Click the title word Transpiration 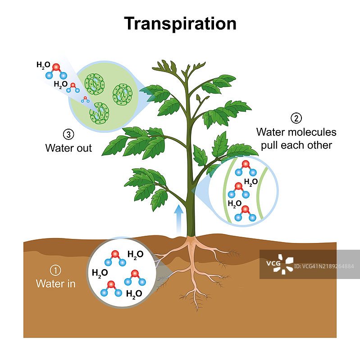tap(180, 23)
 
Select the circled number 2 tap(296, 118)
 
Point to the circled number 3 tap(68, 134)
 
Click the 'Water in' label tap(55, 284)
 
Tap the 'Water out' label tap(68, 148)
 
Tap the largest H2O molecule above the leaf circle tap(56, 70)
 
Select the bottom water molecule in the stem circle tap(246, 213)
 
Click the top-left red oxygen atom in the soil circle tap(115, 254)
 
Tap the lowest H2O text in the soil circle tap(135, 294)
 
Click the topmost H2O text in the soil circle tap(136, 254)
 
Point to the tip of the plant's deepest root tap(197, 310)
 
